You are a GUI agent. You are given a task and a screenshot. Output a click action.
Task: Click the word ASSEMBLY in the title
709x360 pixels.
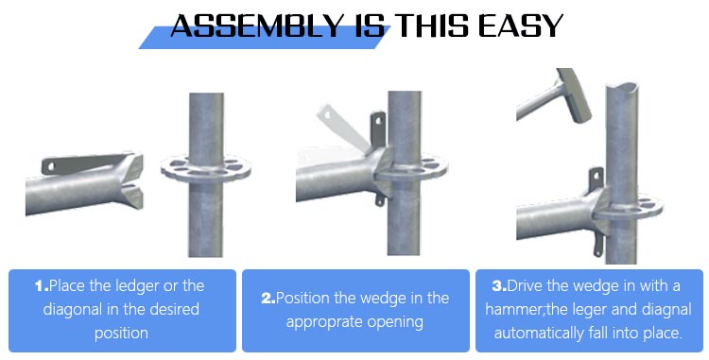click(257, 26)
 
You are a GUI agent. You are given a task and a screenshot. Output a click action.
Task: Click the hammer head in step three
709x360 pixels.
click(574, 94)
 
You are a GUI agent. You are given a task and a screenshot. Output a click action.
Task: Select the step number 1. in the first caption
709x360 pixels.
click(42, 286)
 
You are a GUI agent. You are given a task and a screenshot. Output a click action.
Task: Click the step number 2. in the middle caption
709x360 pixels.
click(268, 299)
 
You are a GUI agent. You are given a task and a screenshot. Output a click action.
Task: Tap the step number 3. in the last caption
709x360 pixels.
click(499, 286)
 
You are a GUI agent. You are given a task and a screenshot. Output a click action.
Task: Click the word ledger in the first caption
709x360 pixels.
click(137, 286)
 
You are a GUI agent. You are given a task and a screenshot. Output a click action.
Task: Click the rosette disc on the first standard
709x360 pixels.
click(206, 169)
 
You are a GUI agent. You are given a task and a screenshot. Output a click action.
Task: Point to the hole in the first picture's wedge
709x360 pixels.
click(51, 166)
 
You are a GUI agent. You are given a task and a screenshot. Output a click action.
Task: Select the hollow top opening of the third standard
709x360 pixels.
click(622, 87)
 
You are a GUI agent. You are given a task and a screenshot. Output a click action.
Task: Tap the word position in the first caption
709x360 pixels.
click(121, 334)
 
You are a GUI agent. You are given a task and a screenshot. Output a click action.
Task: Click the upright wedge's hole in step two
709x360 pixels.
click(379, 121)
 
